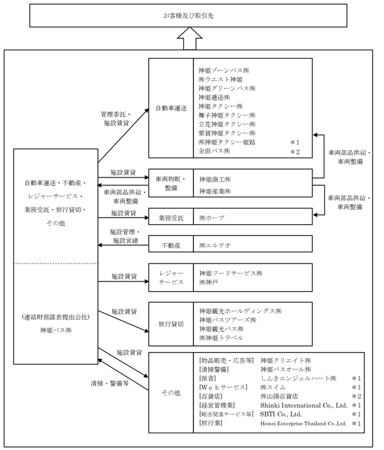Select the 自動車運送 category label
171,108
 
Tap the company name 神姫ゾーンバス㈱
224,71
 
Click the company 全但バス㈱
214,151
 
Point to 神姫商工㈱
216,179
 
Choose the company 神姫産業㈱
216,191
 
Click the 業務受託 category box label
171,218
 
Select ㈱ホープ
211,218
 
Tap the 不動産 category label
171,244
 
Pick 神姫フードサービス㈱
231,273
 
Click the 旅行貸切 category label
171,324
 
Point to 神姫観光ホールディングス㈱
240,311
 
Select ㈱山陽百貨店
279,396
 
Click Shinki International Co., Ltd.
304,405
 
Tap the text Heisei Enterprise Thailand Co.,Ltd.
304,423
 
